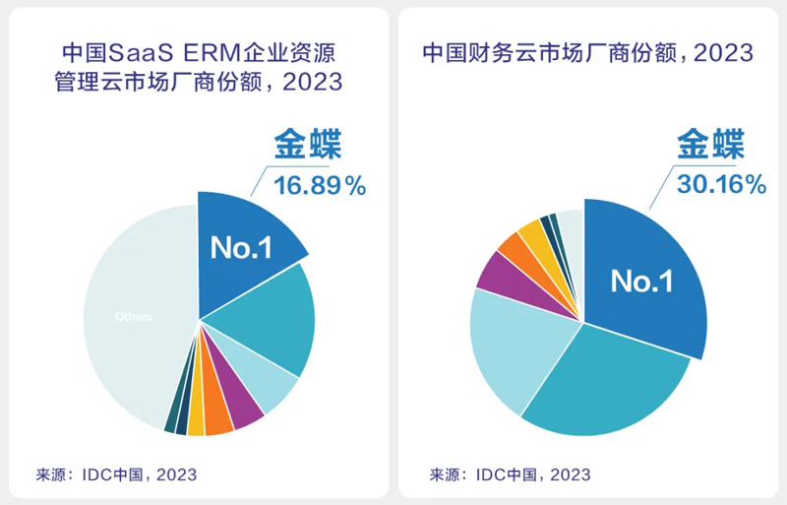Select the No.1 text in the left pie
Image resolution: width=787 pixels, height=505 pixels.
coord(241,248)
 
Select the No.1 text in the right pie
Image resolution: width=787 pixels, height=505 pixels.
coord(641,282)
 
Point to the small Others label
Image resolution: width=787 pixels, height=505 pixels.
coord(133,317)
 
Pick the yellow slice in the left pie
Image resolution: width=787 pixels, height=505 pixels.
coord(196,423)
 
